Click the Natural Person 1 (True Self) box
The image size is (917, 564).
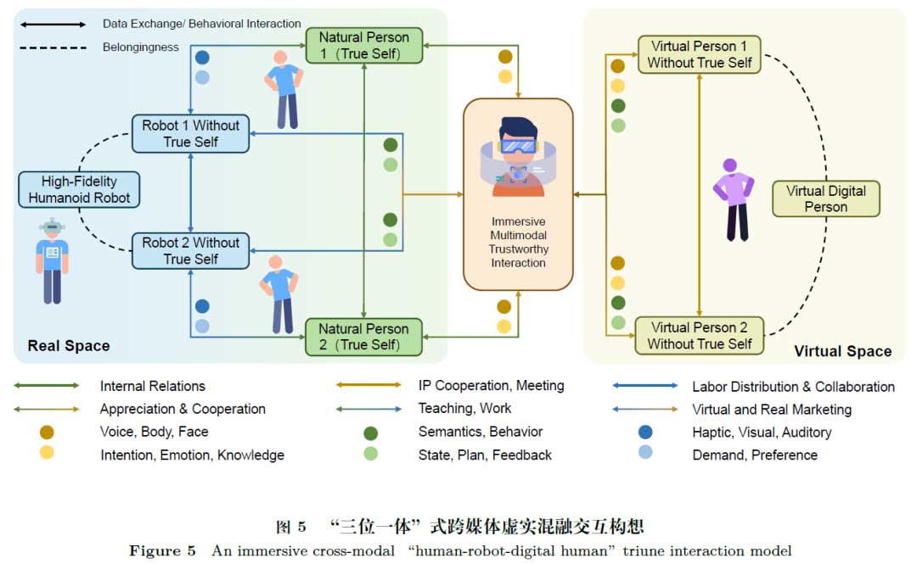(363, 46)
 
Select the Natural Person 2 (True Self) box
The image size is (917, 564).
(363, 337)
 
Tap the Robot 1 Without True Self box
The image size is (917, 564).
(190, 134)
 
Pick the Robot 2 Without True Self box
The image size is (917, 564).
(190, 251)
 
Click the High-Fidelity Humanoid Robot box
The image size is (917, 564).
(79, 190)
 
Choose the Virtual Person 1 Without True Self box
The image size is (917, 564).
(699, 54)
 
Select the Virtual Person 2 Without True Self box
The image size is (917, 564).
(699, 336)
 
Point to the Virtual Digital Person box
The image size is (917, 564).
(825, 198)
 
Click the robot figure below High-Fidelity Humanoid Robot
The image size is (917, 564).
(53, 260)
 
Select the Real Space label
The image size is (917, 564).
(68, 346)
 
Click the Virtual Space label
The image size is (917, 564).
(842, 351)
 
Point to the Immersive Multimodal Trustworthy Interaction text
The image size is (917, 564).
(518, 243)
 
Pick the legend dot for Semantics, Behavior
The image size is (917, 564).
(370, 433)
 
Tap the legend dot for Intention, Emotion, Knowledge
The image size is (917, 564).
(47, 454)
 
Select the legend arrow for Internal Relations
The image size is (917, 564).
(47, 386)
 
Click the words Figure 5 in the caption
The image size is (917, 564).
(155, 551)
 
